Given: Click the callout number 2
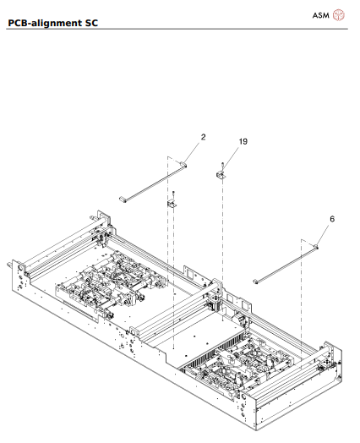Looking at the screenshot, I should pyautogui.click(x=203, y=136).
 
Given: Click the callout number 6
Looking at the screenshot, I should pyautogui.click(x=332, y=218).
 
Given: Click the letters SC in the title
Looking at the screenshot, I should pyautogui.click(x=90, y=22).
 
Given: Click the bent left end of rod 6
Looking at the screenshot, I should pyautogui.click(x=255, y=282).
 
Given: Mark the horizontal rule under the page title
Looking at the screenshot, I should pyautogui.click(x=180, y=30).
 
